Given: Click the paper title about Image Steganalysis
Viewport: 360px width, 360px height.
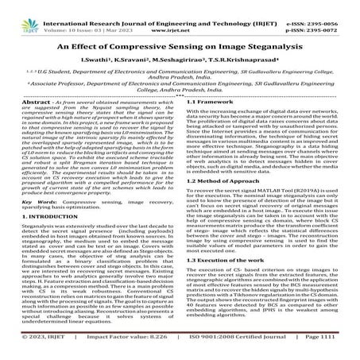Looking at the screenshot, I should tap(180, 36).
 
